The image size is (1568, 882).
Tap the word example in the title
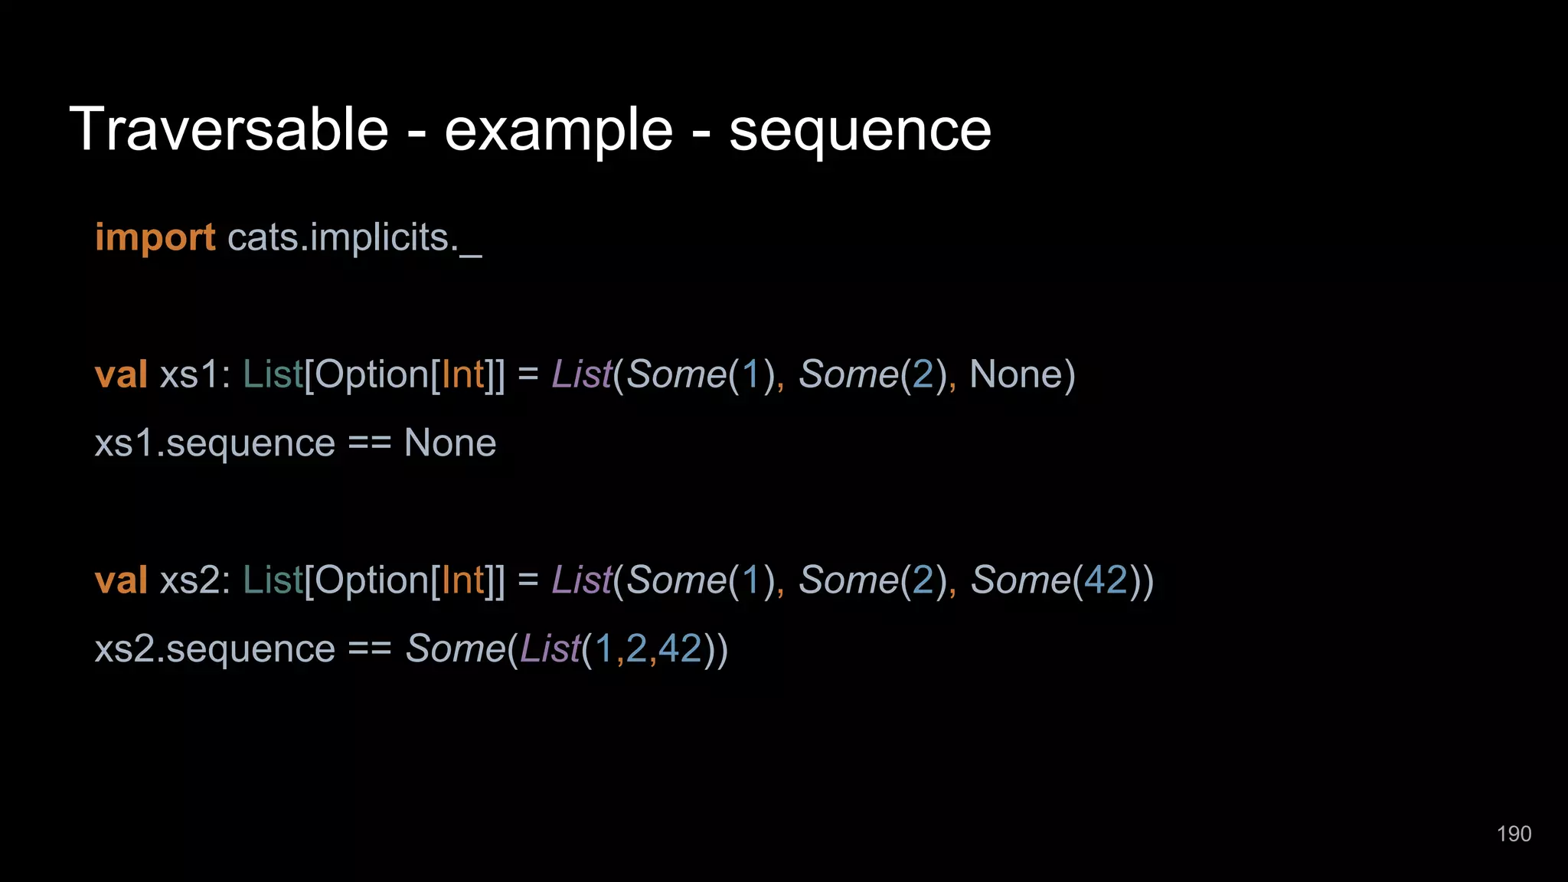coord(558,130)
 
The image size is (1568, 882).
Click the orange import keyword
coord(155,237)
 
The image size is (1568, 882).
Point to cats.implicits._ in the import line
coord(354,237)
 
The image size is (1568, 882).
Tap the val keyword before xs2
coord(121,580)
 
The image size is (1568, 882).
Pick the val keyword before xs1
coord(121,374)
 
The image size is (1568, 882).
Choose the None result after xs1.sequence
coord(450,443)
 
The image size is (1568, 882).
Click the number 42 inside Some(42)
coord(1106,580)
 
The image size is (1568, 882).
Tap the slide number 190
coord(1514,834)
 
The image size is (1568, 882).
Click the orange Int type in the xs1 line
coord(463,374)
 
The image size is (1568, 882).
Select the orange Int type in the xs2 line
coord(463,580)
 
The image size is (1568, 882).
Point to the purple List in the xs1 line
coord(582,374)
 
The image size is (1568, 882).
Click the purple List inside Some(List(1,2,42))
coord(550,649)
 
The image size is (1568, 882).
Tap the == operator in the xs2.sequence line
coord(370,649)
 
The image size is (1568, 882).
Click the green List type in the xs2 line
coord(273,580)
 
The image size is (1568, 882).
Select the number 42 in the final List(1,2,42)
coord(680,649)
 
